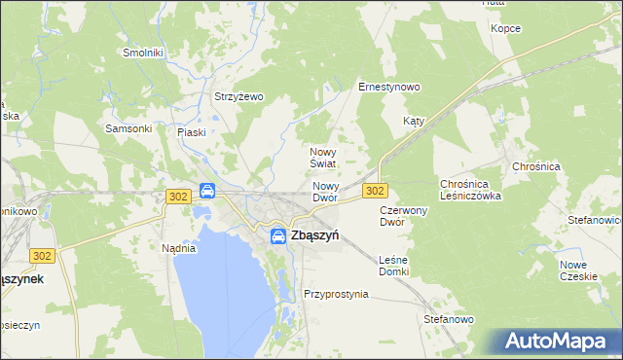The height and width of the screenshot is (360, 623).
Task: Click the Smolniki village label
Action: (142, 52)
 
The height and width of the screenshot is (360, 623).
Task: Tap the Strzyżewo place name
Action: (238, 96)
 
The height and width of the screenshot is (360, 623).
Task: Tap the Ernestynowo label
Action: (388, 87)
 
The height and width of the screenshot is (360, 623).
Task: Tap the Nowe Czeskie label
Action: (578, 270)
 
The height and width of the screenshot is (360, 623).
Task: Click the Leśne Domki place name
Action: (393, 265)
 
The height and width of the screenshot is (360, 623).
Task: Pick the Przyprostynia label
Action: (336, 293)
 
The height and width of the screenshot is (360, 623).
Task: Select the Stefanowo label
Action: (448, 318)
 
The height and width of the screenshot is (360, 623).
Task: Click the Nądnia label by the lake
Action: (179, 247)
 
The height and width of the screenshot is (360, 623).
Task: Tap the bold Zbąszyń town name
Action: (314, 234)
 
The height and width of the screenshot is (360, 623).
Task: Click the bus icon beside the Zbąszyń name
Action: (277, 235)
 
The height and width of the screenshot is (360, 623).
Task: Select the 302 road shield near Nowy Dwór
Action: (376, 190)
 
